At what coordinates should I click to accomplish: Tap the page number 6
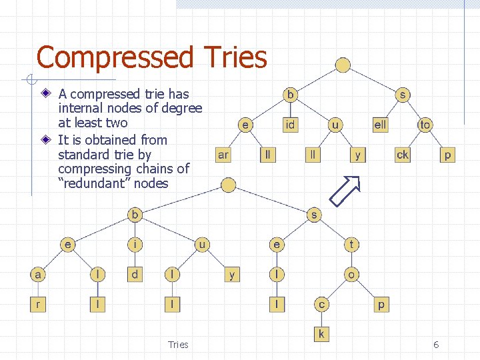point(436,345)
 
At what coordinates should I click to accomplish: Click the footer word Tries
point(178,345)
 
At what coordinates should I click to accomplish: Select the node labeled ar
point(223,155)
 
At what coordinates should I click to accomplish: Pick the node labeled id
point(291,125)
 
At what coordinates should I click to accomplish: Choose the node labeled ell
point(380,125)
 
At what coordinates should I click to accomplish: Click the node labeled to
point(425,125)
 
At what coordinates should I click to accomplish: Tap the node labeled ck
point(403,155)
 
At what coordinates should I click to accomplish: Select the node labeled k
point(321,333)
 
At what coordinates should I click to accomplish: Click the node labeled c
point(321,305)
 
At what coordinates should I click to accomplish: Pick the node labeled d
point(135,274)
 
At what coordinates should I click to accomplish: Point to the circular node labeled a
point(38,274)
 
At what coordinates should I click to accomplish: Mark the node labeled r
point(38,305)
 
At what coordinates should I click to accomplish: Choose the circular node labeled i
point(135,245)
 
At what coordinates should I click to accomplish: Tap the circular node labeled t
point(352,245)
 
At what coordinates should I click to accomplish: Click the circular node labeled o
point(352,274)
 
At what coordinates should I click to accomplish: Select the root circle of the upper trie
point(343,65)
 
